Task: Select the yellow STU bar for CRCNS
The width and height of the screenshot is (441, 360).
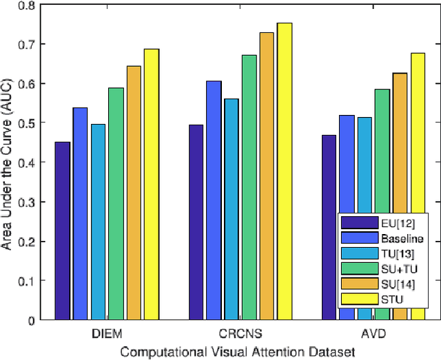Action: [x=285, y=171]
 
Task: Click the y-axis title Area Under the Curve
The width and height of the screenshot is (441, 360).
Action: [x=9, y=162]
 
